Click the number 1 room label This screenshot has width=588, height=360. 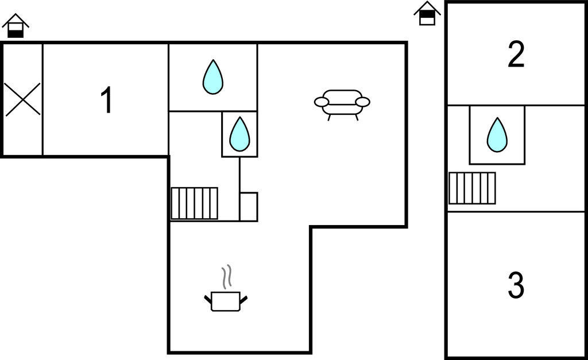(x=106, y=100)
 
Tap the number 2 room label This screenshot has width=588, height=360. (x=516, y=55)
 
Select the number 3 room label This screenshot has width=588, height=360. (x=516, y=285)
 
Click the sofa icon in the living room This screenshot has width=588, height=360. (x=342, y=102)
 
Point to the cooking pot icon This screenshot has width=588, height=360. (x=226, y=301)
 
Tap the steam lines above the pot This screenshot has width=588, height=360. (x=227, y=276)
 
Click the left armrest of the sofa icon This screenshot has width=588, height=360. (x=322, y=102)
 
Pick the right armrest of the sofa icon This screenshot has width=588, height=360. (x=363, y=102)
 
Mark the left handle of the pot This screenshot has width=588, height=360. (x=208, y=299)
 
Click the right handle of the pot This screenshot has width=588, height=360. (x=243, y=299)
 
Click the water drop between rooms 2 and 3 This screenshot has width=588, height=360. (x=497, y=136)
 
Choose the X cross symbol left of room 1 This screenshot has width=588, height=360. (x=23, y=99)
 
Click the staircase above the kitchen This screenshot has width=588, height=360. (x=195, y=203)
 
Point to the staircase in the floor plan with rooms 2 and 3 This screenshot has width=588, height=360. (x=472, y=188)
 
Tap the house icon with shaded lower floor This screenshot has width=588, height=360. (x=16, y=26)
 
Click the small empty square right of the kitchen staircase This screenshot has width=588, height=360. (x=249, y=207)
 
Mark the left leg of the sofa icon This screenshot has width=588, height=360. (x=329, y=117)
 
